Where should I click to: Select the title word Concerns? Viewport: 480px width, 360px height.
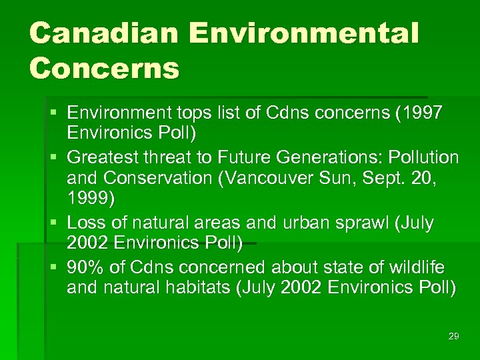[104, 68]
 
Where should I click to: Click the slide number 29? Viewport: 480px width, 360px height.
[453, 336]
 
